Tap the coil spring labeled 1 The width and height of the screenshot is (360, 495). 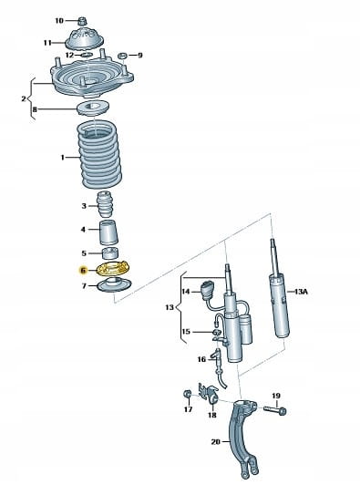100,155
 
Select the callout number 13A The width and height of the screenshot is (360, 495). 301,292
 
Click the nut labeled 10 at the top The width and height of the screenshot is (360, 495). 83,21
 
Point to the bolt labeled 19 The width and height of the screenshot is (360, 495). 275,409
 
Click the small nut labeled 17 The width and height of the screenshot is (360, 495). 187,394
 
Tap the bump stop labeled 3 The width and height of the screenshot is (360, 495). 105,204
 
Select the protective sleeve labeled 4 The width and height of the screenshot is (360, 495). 108,232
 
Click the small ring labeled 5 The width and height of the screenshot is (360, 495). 110,253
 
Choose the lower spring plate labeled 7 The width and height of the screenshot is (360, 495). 114,284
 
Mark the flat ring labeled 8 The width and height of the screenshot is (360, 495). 93,108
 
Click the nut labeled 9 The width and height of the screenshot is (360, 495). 123,56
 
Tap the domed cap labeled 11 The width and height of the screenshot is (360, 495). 85,39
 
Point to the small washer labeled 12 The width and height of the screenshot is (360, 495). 87,56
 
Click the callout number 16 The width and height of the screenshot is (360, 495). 201,359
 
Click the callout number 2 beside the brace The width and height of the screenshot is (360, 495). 24,98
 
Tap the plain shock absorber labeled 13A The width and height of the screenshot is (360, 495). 278,291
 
